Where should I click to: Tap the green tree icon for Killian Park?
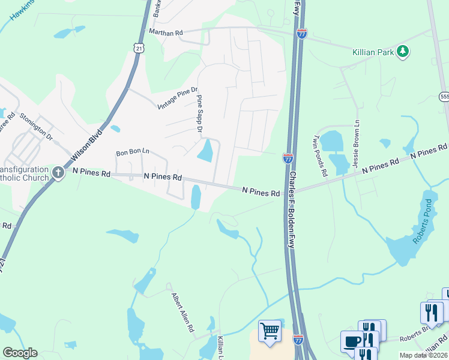click(x=403, y=52)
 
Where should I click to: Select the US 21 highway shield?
click(x=139, y=48)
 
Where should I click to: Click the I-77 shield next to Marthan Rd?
click(x=302, y=34)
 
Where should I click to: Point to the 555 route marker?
click(x=444, y=96)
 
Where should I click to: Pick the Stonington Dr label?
click(x=37, y=126)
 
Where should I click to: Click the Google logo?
click(x=20, y=353)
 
